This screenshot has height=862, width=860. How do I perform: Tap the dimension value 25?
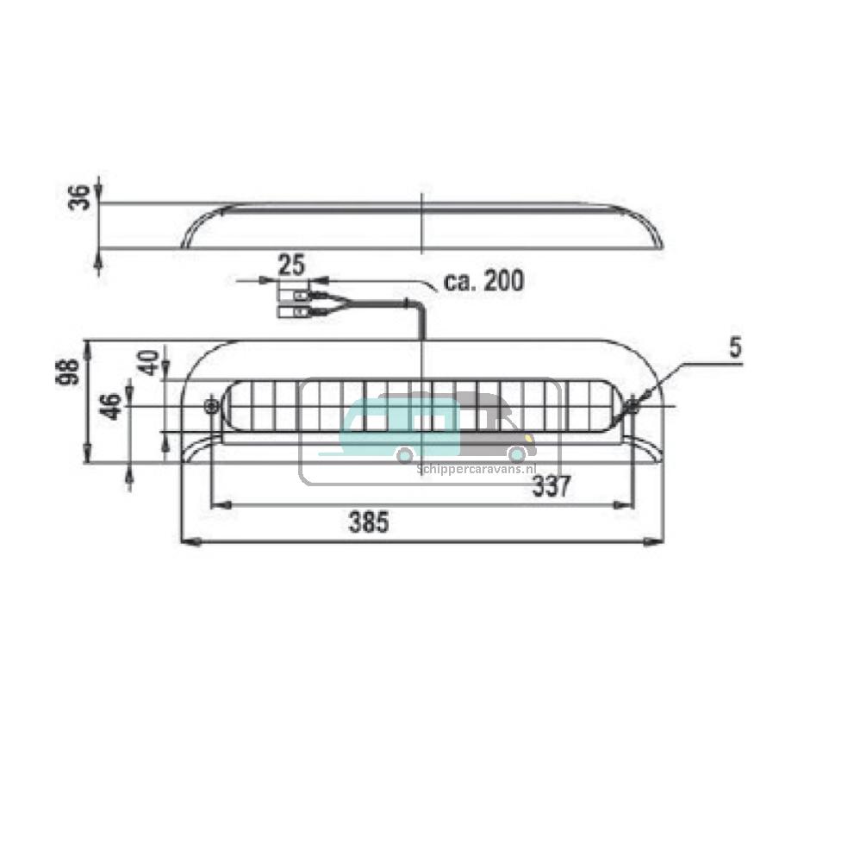point(292,265)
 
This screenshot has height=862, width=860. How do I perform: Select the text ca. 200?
point(483,280)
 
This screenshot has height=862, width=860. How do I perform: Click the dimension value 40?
point(149,363)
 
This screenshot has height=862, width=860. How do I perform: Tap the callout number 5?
point(734,347)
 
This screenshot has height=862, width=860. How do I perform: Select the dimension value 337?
point(551,487)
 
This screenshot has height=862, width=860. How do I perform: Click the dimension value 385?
point(369,522)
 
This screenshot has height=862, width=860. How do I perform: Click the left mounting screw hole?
point(211,406)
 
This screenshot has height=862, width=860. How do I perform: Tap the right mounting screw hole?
point(632,406)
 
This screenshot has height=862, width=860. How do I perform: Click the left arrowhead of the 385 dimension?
point(187,541)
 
